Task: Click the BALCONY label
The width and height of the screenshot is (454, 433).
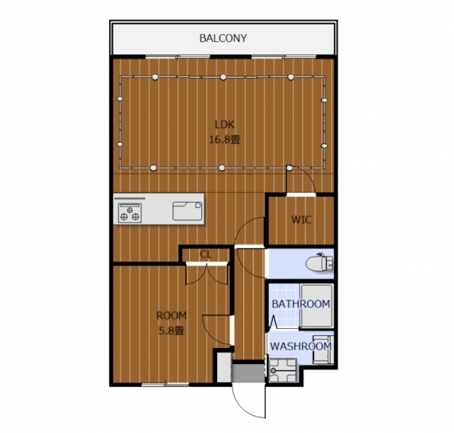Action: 223,38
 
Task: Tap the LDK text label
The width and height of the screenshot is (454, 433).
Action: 224,125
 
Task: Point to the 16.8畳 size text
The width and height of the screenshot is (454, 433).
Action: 225,140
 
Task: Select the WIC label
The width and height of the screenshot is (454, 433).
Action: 301,220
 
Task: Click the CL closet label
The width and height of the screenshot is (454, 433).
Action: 206,254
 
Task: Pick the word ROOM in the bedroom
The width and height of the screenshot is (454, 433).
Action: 172,315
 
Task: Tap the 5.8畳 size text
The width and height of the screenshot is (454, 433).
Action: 172,331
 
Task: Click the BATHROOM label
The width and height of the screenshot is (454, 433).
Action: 301,304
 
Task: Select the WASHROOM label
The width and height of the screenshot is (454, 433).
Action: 301,347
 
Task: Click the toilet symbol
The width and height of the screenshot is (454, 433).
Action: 320,262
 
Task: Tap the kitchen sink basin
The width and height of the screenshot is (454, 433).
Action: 187,211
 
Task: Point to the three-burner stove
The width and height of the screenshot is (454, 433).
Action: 130,213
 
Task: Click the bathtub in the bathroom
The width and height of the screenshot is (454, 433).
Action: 316,305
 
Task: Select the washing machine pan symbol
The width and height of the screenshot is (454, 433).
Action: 282,371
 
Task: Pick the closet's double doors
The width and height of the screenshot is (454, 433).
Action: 206,274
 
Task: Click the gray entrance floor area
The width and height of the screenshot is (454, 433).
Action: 248,373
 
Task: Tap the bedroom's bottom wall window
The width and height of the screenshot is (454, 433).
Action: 165,384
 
